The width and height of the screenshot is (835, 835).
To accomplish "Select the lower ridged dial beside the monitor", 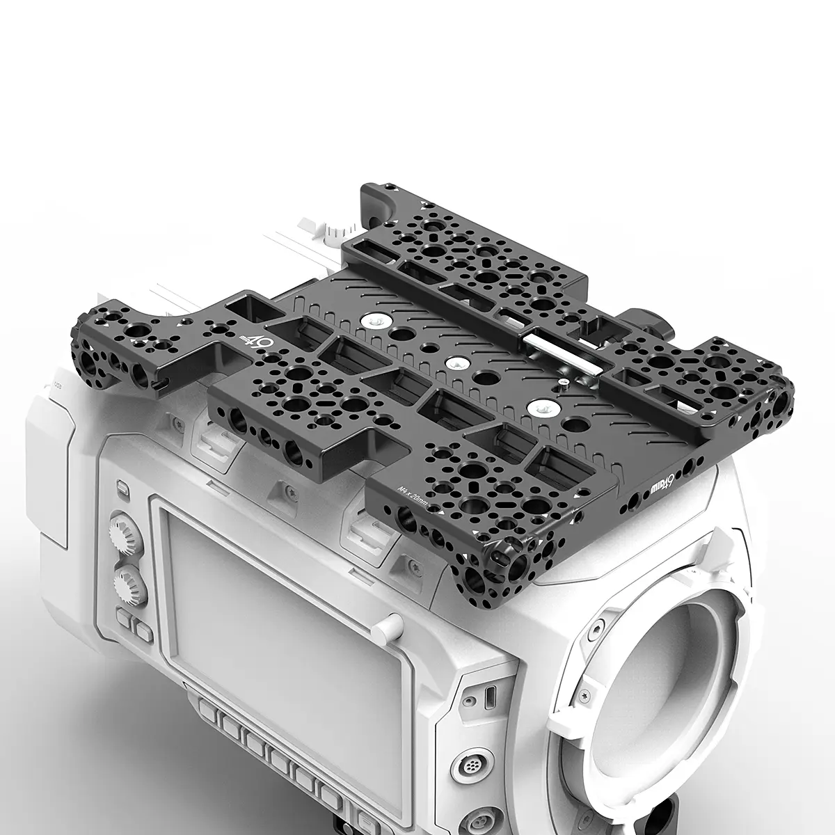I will pos(130,580).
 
